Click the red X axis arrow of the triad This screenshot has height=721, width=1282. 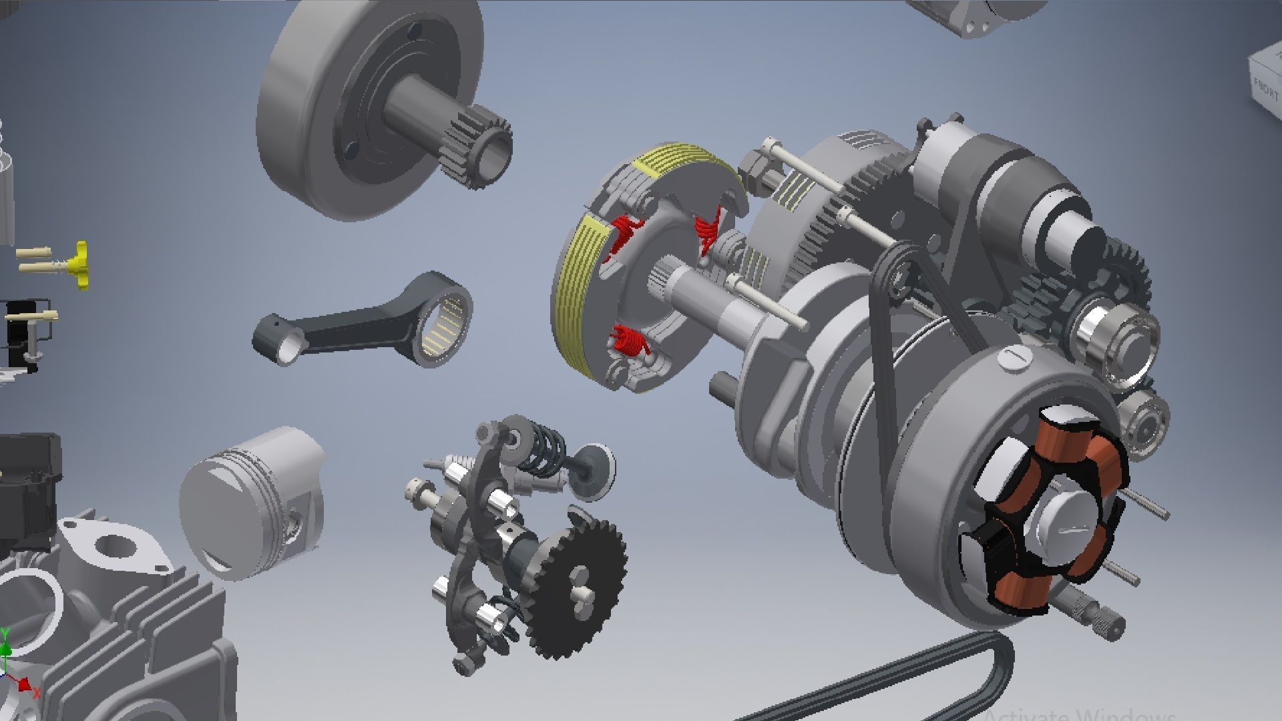25,685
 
